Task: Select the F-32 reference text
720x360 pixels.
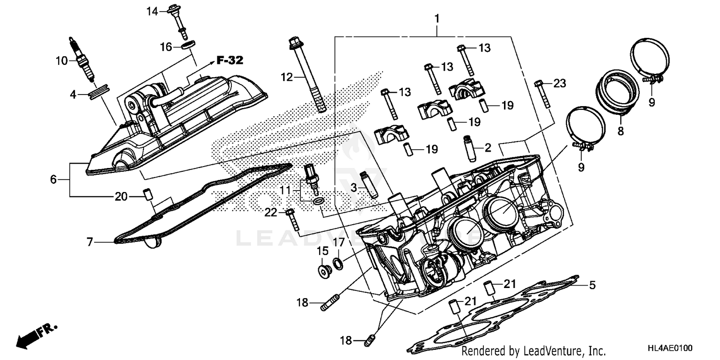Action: pos(229,60)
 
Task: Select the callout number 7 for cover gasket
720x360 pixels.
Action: pos(90,242)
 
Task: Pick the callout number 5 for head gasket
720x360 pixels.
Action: pos(592,286)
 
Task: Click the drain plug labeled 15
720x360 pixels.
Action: pos(324,271)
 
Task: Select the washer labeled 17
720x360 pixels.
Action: pos(338,263)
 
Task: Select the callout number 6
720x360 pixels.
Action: pos(53,180)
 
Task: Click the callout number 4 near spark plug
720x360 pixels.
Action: pos(73,95)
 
